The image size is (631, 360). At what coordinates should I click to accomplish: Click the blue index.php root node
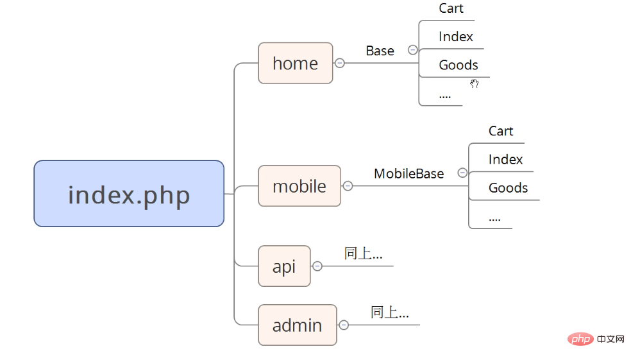(129, 194)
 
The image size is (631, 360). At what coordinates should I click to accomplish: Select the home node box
(296, 64)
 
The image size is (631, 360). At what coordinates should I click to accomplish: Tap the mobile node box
(299, 186)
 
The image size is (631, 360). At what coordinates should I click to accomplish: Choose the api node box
(284, 266)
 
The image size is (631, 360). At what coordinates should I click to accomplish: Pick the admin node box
(298, 325)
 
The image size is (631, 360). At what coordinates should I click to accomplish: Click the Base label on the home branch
(380, 51)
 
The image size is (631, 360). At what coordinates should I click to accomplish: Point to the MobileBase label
(409, 173)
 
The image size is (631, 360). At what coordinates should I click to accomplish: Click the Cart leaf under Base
(451, 8)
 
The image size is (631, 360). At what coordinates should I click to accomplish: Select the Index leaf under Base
(456, 37)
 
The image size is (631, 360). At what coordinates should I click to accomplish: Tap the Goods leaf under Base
(459, 65)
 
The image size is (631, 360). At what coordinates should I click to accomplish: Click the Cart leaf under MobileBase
(501, 132)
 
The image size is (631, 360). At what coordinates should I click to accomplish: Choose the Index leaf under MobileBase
(506, 159)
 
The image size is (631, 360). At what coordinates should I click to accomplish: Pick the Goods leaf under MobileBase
(509, 187)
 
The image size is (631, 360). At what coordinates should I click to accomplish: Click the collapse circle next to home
(340, 64)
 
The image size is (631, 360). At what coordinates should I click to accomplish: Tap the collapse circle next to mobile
(348, 186)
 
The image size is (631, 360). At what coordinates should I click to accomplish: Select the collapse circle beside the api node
(317, 266)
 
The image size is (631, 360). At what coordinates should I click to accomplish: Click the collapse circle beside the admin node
(344, 325)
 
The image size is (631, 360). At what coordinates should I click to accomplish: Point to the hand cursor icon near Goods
(475, 83)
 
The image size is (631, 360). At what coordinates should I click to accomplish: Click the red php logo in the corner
(581, 339)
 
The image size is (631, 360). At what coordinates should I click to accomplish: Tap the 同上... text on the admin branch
(389, 312)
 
